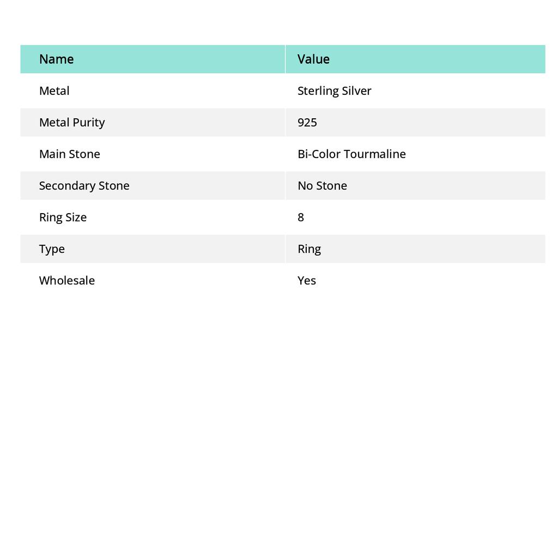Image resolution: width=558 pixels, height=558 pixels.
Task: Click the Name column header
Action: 56,59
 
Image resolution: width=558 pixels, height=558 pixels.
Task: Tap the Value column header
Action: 313,59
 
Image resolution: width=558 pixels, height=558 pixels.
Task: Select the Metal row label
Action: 54,90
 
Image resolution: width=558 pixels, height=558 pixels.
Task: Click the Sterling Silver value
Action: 334,90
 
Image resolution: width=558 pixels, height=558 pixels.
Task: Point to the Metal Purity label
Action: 71,122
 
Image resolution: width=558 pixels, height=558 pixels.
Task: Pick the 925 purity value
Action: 307,122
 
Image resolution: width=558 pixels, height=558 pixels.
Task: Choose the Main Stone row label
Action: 69,154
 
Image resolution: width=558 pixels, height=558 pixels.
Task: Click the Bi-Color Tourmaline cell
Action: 351,154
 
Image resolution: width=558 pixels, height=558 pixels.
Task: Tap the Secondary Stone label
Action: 84,185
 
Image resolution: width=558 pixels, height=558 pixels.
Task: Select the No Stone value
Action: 322,185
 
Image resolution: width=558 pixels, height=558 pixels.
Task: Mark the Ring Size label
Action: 63,217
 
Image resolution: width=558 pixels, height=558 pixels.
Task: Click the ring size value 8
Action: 301,217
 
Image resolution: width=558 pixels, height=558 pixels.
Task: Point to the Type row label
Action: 52,248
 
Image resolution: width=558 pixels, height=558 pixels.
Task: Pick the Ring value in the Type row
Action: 309,248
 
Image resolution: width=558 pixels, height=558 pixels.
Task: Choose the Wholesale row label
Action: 66,280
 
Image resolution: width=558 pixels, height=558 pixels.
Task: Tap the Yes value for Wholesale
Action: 307,280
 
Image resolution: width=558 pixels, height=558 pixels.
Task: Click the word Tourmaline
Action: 375,154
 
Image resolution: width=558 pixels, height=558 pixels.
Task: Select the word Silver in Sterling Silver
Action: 356,90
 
